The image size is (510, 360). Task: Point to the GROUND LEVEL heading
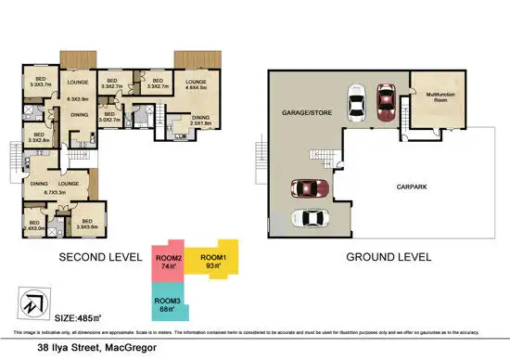coord(384,256)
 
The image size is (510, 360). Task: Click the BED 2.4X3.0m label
coord(34,225)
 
